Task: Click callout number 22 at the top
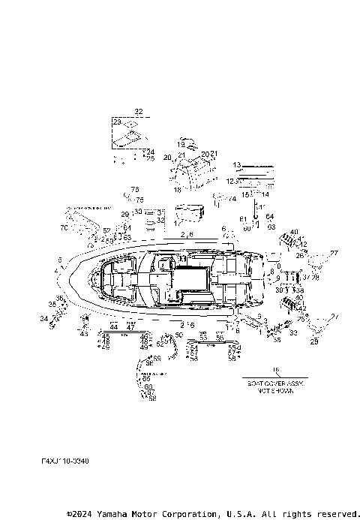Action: [138, 110]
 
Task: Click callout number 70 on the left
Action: [64, 226]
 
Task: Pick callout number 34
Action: [43, 318]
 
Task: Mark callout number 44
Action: [113, 327]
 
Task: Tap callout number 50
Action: [178, 334]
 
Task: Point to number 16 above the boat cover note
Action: [274, 370]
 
